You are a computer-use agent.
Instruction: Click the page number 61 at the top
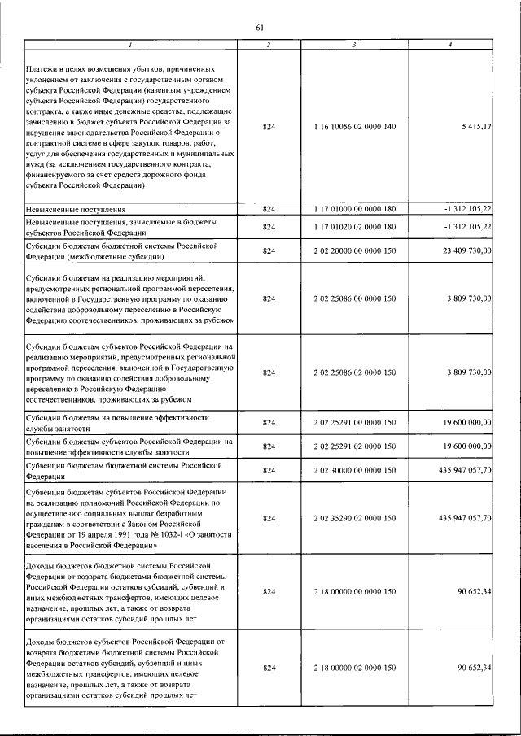point(260,28)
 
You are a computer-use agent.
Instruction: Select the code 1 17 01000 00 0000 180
point(354,209)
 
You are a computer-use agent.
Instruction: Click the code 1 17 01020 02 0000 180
point(354,227)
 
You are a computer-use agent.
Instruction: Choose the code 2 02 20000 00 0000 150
point(354,251)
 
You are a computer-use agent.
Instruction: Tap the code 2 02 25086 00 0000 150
point(354,299)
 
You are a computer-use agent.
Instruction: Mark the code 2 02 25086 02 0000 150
point(354,372)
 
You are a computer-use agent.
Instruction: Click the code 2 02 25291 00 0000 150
point(354,422)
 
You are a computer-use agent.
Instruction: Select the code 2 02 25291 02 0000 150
point(354,446)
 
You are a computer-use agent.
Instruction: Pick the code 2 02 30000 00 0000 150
point(354,470)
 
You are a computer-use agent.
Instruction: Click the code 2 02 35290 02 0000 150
point(354,518)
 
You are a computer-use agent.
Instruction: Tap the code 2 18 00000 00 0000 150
point(354,593)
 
